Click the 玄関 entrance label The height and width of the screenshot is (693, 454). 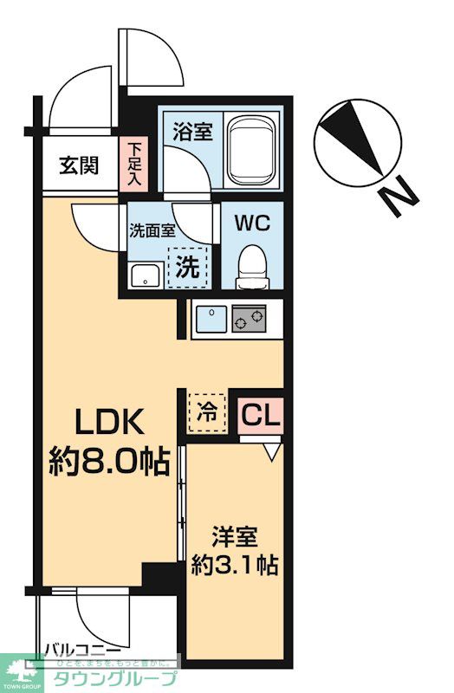pos(78,165)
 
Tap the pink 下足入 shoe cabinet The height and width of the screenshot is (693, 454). pos(136,165)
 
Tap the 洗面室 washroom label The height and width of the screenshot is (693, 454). pos(152,231)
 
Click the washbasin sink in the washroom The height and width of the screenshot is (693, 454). pos(144,277)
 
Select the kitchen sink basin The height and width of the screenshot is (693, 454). pos(211,320)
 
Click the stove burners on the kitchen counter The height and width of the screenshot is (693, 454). pos(250,320)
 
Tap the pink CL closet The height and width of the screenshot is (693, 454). pos(260,415)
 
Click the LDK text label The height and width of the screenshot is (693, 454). pos(106,423)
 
